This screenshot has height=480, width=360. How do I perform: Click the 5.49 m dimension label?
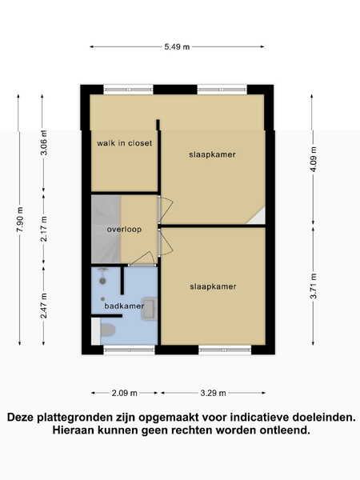tap(177, 47)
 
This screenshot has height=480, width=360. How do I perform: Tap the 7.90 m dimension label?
tap(20, 219)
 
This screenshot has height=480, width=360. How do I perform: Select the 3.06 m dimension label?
tap(44, 142)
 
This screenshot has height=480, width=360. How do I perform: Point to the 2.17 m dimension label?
tap(44, 229)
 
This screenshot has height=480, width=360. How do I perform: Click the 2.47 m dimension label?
tap(44, 306)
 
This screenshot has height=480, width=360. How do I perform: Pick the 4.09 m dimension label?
tap(314, 159)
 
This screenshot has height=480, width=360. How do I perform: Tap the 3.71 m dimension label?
tap(314, 286)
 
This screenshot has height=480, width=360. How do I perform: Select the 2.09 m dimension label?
tap(124, 393)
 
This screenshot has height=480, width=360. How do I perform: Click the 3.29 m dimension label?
tap(213, 393)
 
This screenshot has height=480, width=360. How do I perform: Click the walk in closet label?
tap(124, 143)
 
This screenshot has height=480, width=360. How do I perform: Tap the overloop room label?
tap(124, 230)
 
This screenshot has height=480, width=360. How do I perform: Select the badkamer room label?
tap(124, 306)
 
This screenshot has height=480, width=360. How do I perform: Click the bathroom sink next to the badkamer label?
tap(150, 309)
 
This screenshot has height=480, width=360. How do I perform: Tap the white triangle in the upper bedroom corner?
tap(258, 217)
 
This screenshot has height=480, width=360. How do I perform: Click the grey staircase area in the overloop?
tap(106, 230)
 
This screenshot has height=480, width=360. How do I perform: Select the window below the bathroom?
tap(129, 350)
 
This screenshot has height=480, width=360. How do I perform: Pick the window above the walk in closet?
tap(129, 90)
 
